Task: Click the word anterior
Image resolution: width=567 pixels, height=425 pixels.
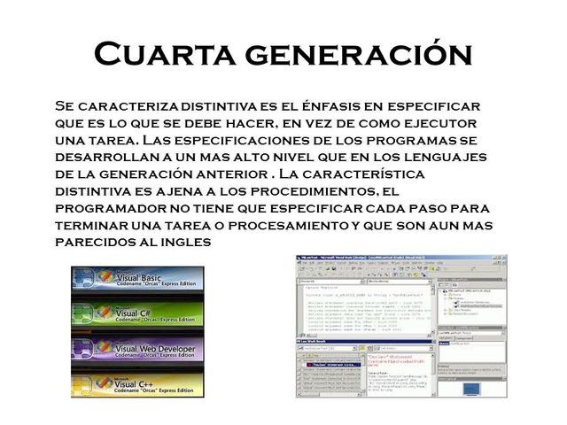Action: pos(252,174)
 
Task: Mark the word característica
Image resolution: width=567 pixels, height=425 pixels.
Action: pos(370,174)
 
